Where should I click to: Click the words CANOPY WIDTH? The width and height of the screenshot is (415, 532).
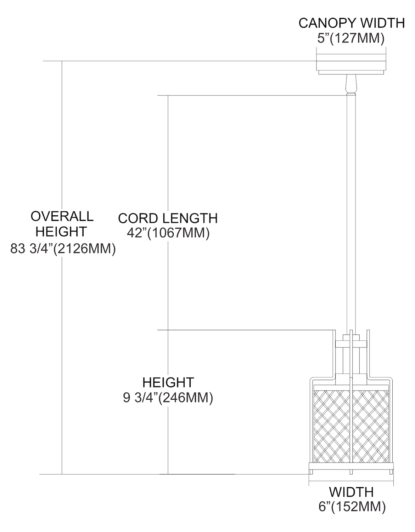351,23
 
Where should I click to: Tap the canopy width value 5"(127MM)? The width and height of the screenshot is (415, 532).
350,38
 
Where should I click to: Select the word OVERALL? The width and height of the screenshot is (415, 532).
62,216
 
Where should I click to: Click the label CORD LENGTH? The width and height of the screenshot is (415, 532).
168,218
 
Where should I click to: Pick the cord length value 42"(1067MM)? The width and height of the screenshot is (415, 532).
168,233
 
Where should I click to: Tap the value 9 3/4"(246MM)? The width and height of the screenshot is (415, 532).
168,398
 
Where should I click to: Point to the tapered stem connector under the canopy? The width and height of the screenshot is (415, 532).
350,84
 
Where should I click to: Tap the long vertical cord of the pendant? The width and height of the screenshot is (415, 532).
350,213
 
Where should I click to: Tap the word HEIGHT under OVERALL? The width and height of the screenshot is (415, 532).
61,232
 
